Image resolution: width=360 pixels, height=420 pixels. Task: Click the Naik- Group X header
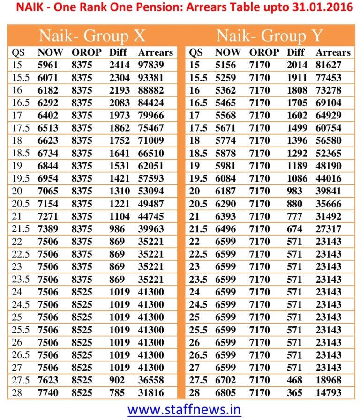92,36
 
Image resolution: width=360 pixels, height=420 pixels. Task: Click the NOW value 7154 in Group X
48,204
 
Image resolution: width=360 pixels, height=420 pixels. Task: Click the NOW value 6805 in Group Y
225,392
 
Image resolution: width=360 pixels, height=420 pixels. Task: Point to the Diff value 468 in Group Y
294,380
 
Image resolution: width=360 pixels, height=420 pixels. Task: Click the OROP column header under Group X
86,52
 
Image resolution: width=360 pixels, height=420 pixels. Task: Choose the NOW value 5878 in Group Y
225,153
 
